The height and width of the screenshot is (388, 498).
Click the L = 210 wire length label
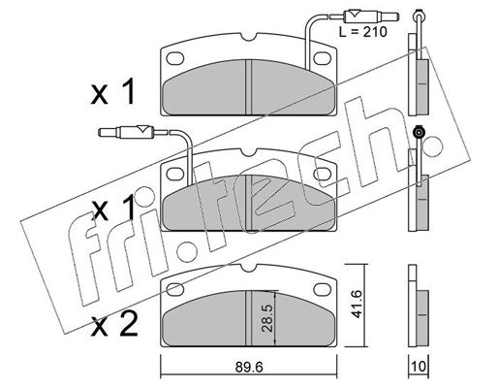pyautogui.click(x=362, y=32)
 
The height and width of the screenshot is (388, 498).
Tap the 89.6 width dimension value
pyautogui.click(x=249, y=367)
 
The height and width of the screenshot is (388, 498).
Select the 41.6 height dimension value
pyautogui.click(x=357, y=304)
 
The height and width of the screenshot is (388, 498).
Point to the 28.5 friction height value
pyautogui.click(x=267, y=318)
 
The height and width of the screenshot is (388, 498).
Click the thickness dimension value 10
pyautogui.click(x=419, y=367)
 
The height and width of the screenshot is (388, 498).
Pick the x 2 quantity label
pyautogui.click(x=114, y=324)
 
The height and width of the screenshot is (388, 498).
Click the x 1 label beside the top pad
pyautogui.click(x=112, y=92)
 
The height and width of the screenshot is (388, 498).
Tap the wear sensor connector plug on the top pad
pyautogui.click(x=371, y=16)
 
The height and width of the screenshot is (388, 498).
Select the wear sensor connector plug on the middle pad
pyautogui.click(x=126, y=132)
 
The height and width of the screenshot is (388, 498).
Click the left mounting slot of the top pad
pyautogui.click(x=175, y=58)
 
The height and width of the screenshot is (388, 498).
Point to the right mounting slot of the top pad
pyautogui.click(x=323, y=58)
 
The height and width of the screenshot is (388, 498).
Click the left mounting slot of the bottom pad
pyautogui.click(x=175, y=289)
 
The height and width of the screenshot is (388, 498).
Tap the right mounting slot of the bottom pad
pyautogui.click(x=323, y=289)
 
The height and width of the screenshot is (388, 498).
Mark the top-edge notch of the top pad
pyautogui.click(x=249, y=37)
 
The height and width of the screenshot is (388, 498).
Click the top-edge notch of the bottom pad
pyautogui.click(x=249, y=267)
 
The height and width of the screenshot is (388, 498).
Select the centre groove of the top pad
pyautogui.click(x=249, y=87)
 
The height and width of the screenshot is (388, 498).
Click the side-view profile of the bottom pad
pyautogui.click(x=419, y=306)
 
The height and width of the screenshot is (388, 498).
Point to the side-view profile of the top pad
pyautogui.click(x=419, y=75)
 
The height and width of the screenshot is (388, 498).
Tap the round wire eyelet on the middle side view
pyautogui.click(x=420, y=132)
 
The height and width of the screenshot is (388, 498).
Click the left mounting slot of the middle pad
pyautogui.click(x=175, y=174)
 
